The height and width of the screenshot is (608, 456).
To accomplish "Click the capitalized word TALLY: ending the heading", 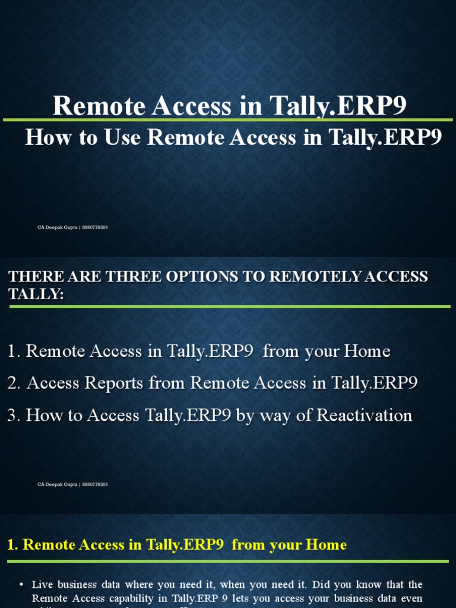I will point(36,294).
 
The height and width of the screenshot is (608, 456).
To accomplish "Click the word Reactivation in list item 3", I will point(364,416).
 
